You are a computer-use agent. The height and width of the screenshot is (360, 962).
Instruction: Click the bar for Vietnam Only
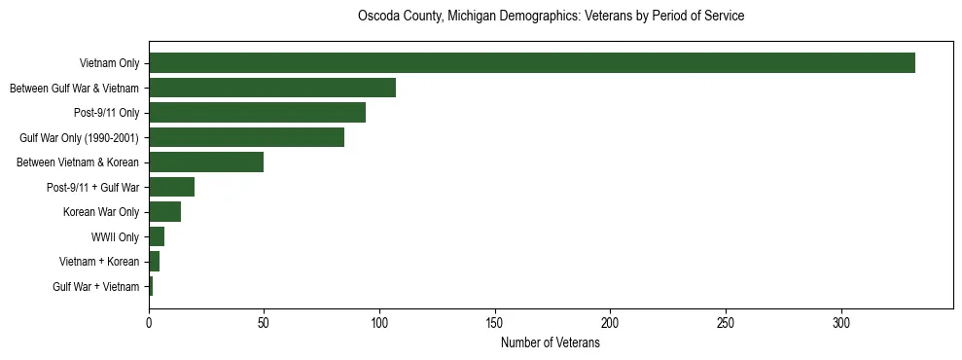(x=532, y=63)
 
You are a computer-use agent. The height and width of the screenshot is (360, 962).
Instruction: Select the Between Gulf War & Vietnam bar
(x=272, y=88)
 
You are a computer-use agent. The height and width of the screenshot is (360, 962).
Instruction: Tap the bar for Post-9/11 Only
(x=257, y=113)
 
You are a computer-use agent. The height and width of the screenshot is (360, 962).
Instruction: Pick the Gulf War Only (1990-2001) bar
(x=246, y=137)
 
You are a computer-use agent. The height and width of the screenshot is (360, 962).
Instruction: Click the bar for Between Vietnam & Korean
(x=206, y=162)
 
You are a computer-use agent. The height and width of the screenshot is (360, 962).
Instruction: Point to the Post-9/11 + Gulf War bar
(x=171, y=187)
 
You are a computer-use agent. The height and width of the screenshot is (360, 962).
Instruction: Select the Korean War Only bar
(x=164, y=212)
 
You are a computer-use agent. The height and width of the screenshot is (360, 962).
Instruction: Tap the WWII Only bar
(x=157, y=236)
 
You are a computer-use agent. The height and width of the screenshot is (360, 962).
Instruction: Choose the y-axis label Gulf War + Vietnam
(x=95, y=287)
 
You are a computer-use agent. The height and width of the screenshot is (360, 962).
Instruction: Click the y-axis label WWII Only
(x=115, y=236)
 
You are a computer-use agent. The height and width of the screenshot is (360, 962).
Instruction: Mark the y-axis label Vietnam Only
(x=110, y=63)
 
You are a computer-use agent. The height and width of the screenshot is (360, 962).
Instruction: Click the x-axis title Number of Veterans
(x=551, y=343)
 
